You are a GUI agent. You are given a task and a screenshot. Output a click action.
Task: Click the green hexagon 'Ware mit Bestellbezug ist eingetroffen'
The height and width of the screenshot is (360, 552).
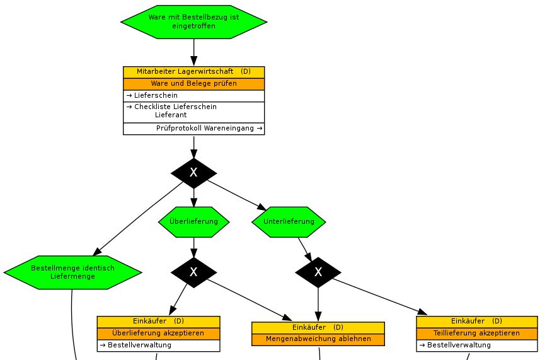193,22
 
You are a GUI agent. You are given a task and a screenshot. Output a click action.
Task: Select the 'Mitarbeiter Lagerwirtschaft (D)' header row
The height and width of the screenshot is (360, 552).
193,72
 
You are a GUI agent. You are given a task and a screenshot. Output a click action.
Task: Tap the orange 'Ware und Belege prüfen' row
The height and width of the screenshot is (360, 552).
193,84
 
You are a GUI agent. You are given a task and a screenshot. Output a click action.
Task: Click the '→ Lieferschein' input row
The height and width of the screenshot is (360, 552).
193,96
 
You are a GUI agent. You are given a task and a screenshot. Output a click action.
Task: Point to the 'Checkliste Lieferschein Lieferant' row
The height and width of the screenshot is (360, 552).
193,112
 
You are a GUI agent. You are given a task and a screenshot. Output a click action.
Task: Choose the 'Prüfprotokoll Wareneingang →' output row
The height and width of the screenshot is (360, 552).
193,129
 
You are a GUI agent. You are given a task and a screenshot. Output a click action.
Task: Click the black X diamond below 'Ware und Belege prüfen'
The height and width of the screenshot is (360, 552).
193,173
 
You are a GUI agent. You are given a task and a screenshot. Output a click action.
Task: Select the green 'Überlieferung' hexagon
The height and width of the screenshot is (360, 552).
193,221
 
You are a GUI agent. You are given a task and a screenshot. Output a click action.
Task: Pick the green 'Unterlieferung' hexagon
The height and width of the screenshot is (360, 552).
289,221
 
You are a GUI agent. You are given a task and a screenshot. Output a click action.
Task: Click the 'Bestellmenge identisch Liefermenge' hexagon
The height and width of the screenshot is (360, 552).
73,272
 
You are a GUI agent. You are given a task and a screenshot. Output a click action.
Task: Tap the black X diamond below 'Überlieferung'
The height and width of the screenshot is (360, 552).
193,272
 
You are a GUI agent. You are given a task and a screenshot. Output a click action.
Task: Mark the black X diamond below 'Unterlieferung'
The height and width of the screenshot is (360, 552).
318,272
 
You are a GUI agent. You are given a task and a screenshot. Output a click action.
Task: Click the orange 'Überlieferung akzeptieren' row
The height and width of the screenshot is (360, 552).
158,334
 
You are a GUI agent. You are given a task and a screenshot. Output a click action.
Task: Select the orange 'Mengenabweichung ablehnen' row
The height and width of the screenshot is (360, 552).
318,339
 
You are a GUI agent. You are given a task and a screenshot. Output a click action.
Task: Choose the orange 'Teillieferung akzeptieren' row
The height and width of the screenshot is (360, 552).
476,334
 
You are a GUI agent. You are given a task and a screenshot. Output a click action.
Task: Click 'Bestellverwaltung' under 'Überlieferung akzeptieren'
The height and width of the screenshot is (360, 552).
139,345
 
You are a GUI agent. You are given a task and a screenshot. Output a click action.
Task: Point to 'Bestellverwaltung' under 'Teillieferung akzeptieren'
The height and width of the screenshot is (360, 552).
459,345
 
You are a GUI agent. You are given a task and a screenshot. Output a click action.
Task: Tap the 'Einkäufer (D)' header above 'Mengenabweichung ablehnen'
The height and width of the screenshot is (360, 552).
318,328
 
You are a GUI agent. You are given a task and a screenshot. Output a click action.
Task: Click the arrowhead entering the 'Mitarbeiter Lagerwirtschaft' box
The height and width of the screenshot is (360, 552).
193,61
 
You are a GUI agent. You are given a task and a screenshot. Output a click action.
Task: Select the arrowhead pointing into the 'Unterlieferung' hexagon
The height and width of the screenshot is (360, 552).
262,207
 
